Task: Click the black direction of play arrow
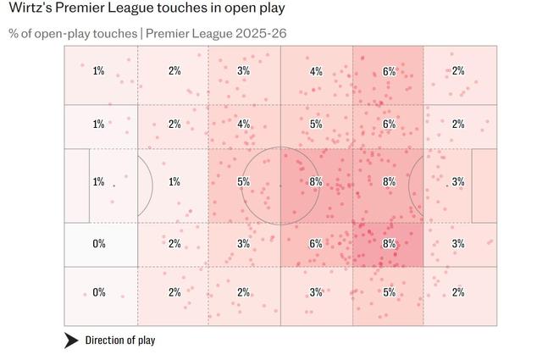(x=72, y=341)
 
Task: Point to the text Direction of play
(x=119, y=341)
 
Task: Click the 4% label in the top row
(x=316, y=71)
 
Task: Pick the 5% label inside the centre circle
(x=244, y=181)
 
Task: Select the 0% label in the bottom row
(x=99, y=292)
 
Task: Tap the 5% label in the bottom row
(x=389, y=292)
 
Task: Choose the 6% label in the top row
(x=389, y=71)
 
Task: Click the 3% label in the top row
(x=244, y=71)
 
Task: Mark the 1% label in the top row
(x=99, y=71)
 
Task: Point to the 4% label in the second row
(x=244, y=125)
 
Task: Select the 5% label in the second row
(x=316, y=125)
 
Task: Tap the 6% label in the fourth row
(x=316, y=244)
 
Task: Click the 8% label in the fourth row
(x=389, y=244)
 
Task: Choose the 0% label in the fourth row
(x=99, y=244)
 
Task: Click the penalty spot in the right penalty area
(x=447, y=185)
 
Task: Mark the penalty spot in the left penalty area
(x=113, y=185)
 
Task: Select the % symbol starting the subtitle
(x=14, y=33)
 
